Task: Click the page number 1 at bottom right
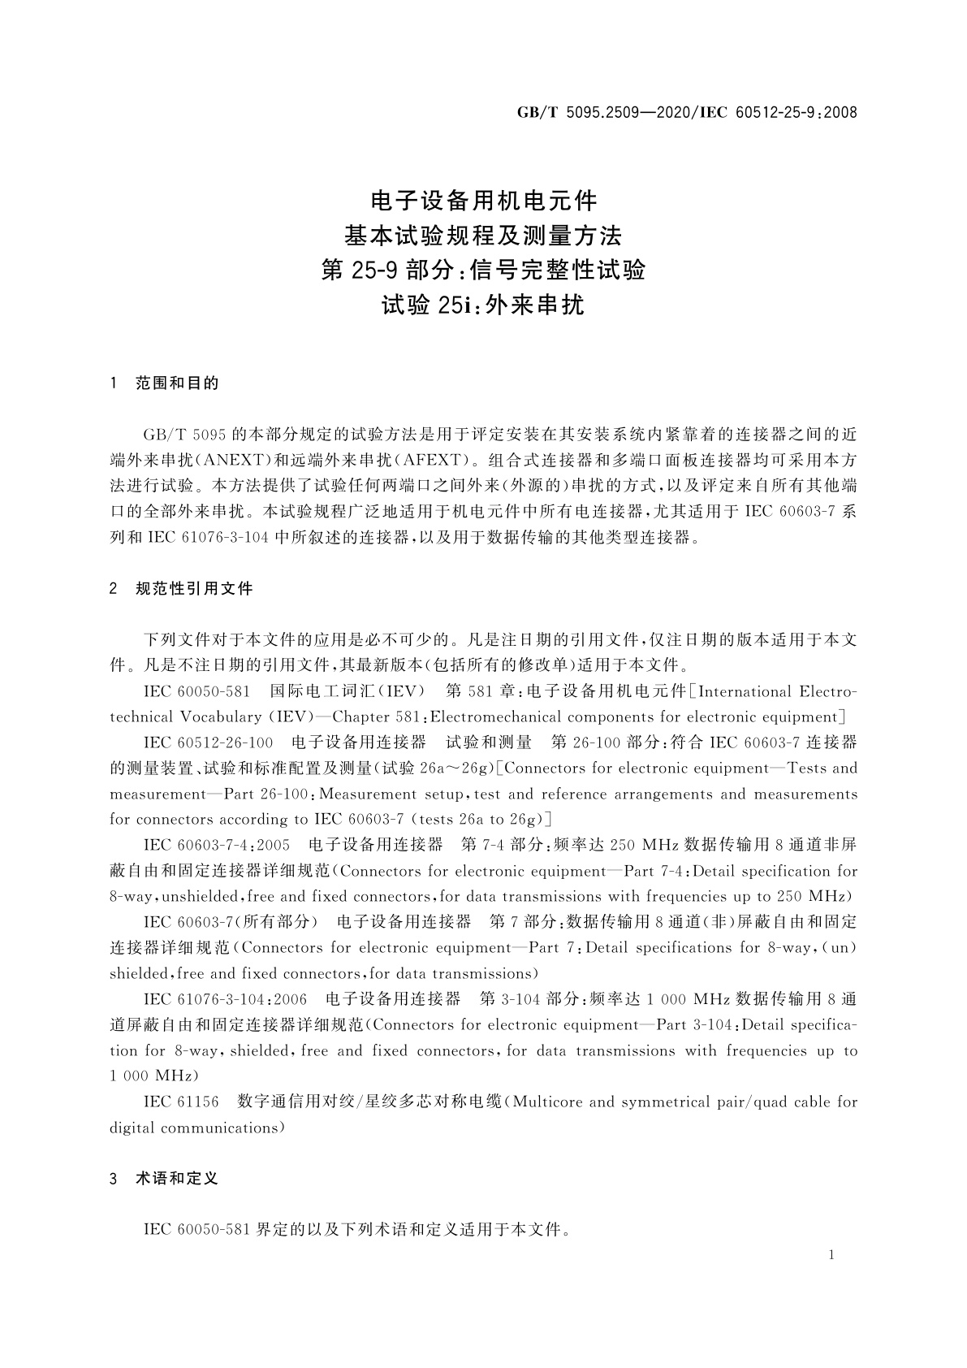[x=831, y=1255]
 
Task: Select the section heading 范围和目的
[x=177, y=383]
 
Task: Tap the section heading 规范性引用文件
[x=194, y=588]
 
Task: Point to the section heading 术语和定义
[x=177, y=1178]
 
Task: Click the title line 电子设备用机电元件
[x=483, y=199]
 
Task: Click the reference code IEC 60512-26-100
[x=208, y=742]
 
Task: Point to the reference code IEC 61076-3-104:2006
[x=225, y=999]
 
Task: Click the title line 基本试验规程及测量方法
[x=483, y=236]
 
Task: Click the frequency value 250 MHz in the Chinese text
[x=644, y=845]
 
